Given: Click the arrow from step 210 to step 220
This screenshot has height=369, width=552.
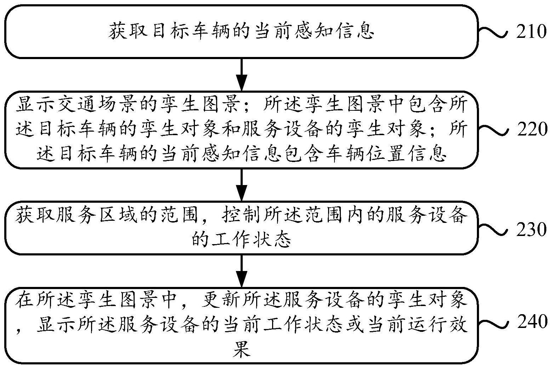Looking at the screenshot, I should (242, 75).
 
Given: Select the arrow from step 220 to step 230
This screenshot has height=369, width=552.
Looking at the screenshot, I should (242, 185).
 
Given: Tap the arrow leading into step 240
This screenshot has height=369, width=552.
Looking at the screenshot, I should (242, 271).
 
